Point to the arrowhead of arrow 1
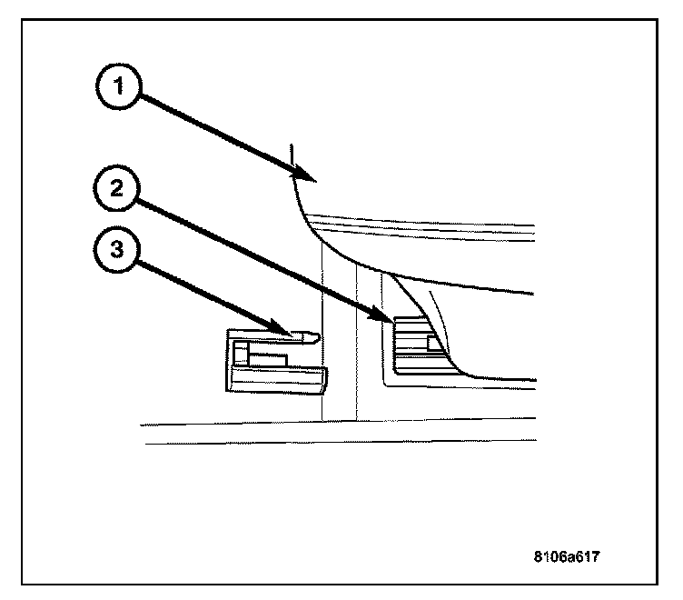coord(309,179)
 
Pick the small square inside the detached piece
coord(240,351)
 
